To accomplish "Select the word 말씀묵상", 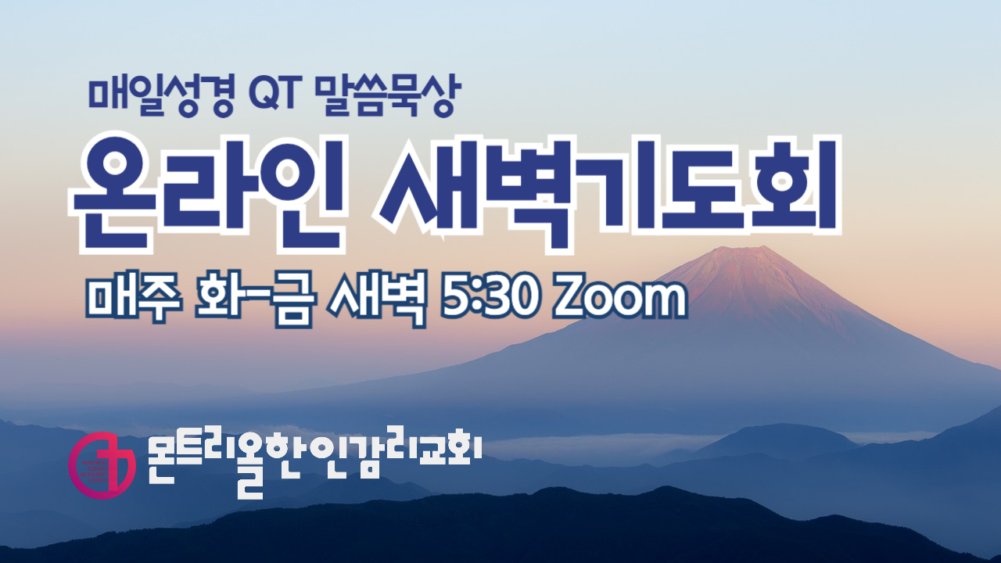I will click(382, 95).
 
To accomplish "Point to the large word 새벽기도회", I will click(605, 188).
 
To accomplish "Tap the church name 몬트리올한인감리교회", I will click(313, 461).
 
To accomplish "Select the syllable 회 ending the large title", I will click(790, 188).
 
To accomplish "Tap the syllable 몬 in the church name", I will click(167, 459).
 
